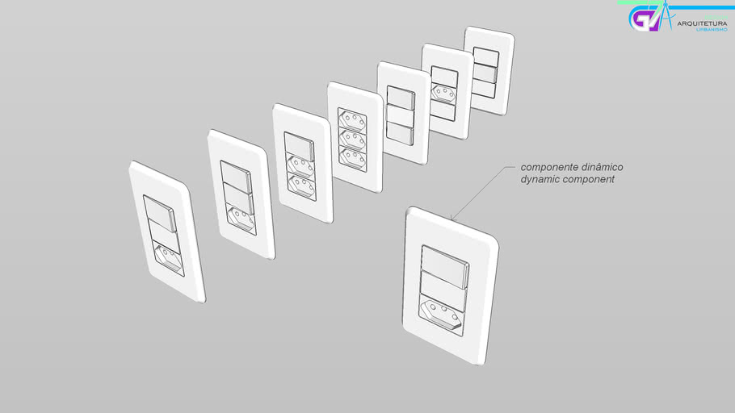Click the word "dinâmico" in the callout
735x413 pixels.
point(603,167)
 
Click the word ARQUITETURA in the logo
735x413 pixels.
point(702,23)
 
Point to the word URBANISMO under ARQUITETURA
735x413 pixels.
point(712,30)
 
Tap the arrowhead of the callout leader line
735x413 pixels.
point(451,218)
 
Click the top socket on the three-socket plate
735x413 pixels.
point(351,120)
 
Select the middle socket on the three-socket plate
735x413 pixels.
point(352,140)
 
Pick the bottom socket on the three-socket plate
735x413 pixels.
point(352,159)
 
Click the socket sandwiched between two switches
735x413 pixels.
point(443,94)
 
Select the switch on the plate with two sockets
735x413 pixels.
point(299,146)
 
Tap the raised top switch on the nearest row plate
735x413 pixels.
point(159,214)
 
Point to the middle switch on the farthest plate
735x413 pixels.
point(485,74)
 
